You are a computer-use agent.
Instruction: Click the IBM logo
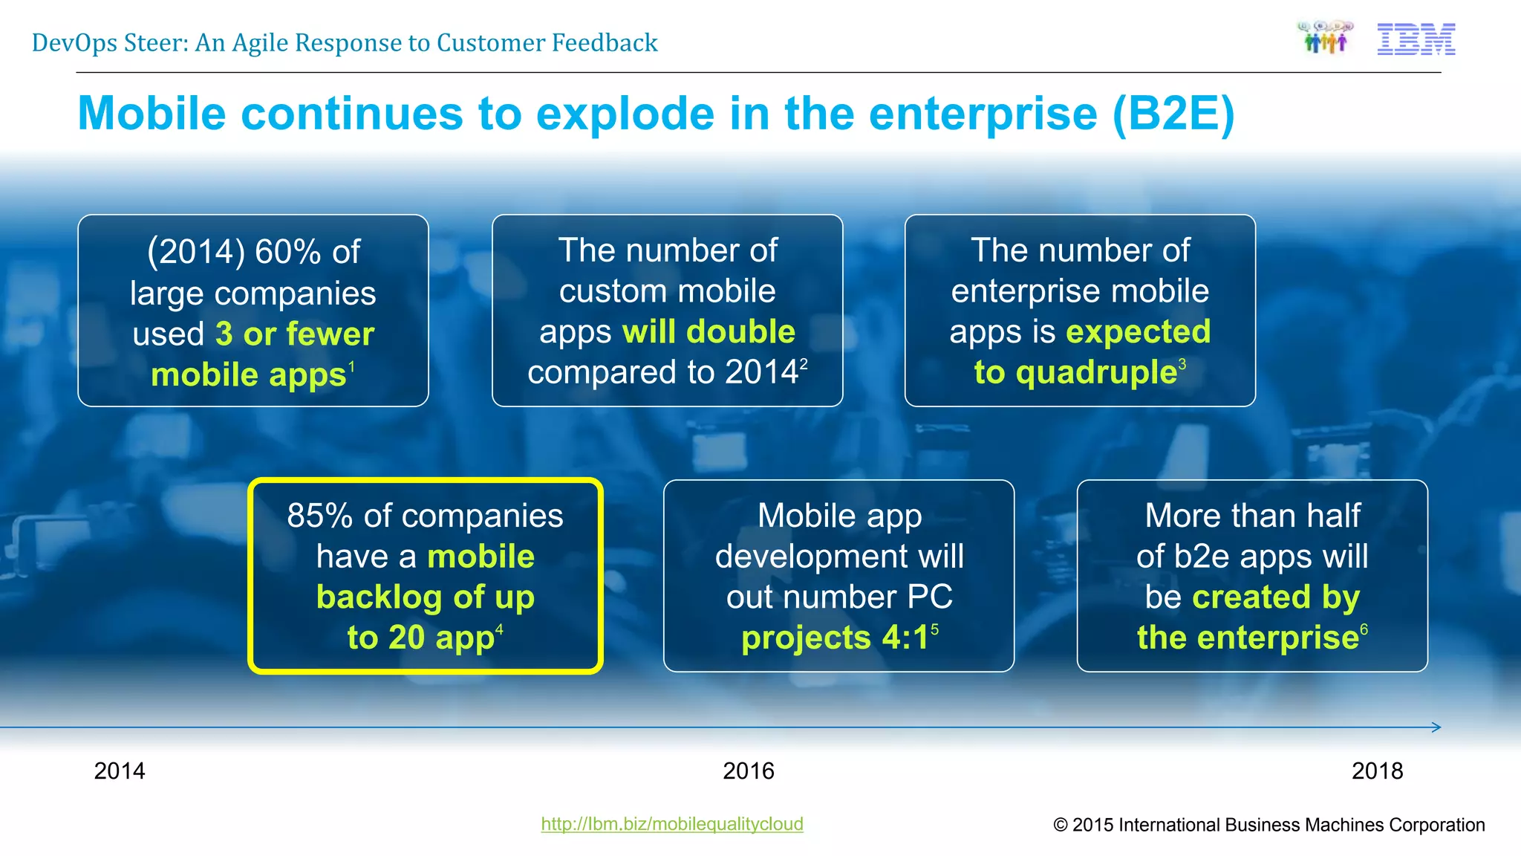click(x=1416, y=40)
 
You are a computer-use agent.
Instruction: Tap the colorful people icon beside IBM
click(x=1326, y=38)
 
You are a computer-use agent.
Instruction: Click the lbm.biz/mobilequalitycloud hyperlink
click(x=671, y=823)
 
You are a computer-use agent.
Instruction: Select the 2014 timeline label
click(x=120, y=771)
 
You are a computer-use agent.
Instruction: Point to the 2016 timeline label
click(x=748, y=771)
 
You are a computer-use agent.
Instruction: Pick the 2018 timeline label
click(x=1377, y=771)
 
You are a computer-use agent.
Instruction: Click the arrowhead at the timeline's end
click(x=1436, y=727)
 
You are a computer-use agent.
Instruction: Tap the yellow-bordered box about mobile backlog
click(x=425, y=576)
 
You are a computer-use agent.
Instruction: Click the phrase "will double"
click(x=708, y=331)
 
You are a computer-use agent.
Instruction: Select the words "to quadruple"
click(x=1075, y=372)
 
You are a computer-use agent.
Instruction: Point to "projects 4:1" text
click(x=834, y=638)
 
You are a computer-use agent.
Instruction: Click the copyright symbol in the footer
click(x=1061, y=825)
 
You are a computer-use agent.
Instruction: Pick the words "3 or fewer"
click(x=294, y=334)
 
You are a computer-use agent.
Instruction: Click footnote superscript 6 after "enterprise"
click(x=1364, y=629)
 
